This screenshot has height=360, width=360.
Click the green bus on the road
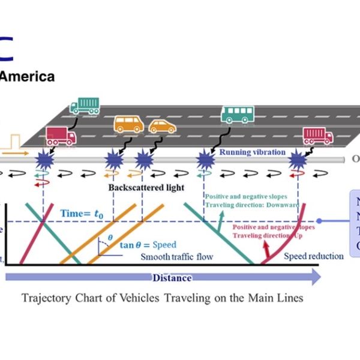coord(238,114)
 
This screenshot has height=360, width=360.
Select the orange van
coord(128,124)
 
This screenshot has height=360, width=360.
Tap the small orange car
coord(162,127)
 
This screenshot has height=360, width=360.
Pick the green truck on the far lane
coord(85,106)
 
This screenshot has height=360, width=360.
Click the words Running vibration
coord(252,152)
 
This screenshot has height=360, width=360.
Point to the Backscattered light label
coord(146,187)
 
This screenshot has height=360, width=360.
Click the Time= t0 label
coord(83,213)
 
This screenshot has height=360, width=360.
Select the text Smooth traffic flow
coord(178,257)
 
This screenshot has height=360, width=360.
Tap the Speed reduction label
coord(314,256)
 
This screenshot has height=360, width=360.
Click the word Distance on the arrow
coord(172,278)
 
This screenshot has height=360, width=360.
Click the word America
coord(28,77)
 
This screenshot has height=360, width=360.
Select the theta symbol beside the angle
coord(109,238)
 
